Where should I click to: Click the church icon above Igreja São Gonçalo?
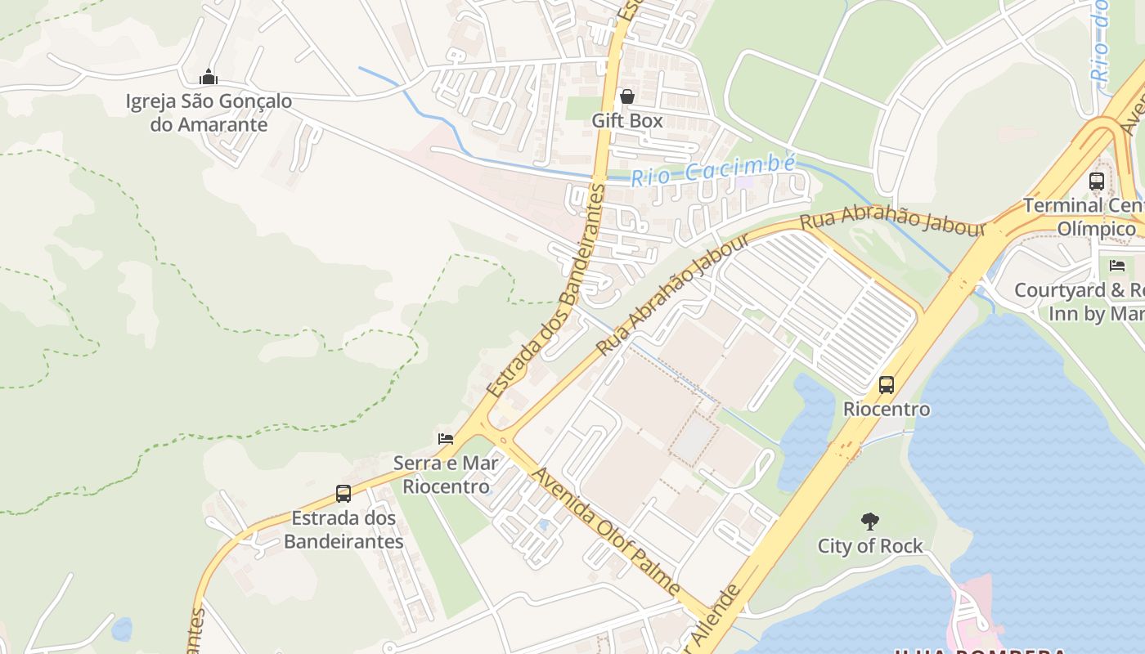pos(209,78)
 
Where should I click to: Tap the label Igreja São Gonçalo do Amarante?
pos(209,113)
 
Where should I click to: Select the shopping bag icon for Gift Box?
pos(627,96)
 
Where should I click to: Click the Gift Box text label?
pos(627,120)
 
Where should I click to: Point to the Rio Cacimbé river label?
pos(712,171)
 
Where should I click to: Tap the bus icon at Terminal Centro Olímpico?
pos(1097,181)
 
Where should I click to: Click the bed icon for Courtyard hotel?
pos(1117,266)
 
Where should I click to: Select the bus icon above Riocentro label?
pos(887,384)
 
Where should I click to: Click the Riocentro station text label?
pos(887,409)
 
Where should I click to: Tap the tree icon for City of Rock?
pos(870,521)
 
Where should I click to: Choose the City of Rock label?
pos(870,545)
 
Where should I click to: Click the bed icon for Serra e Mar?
pos(446,439)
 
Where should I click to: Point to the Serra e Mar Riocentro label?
pos(446,475)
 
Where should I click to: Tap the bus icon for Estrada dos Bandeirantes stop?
pos(343,494)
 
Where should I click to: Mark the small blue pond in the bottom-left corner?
pos(122,629)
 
